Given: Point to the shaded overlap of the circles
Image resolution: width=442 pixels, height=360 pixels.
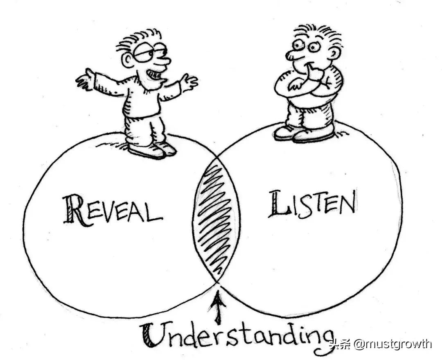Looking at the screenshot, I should pos(216,221).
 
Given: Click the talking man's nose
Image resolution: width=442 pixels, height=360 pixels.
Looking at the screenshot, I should pos(164,61).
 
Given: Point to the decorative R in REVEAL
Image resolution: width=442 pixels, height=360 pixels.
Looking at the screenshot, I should pos(75,210).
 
